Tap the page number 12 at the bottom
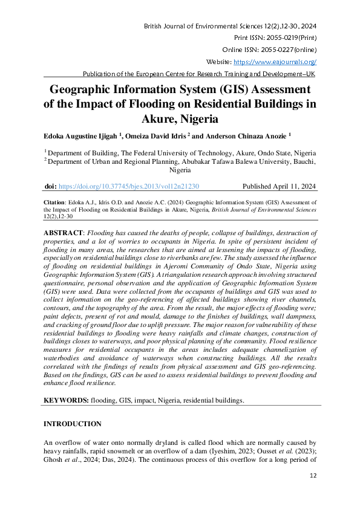point(313,476)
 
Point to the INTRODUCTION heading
point(73,424)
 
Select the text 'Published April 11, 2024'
point(279,187)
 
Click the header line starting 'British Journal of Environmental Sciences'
point(231,27)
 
